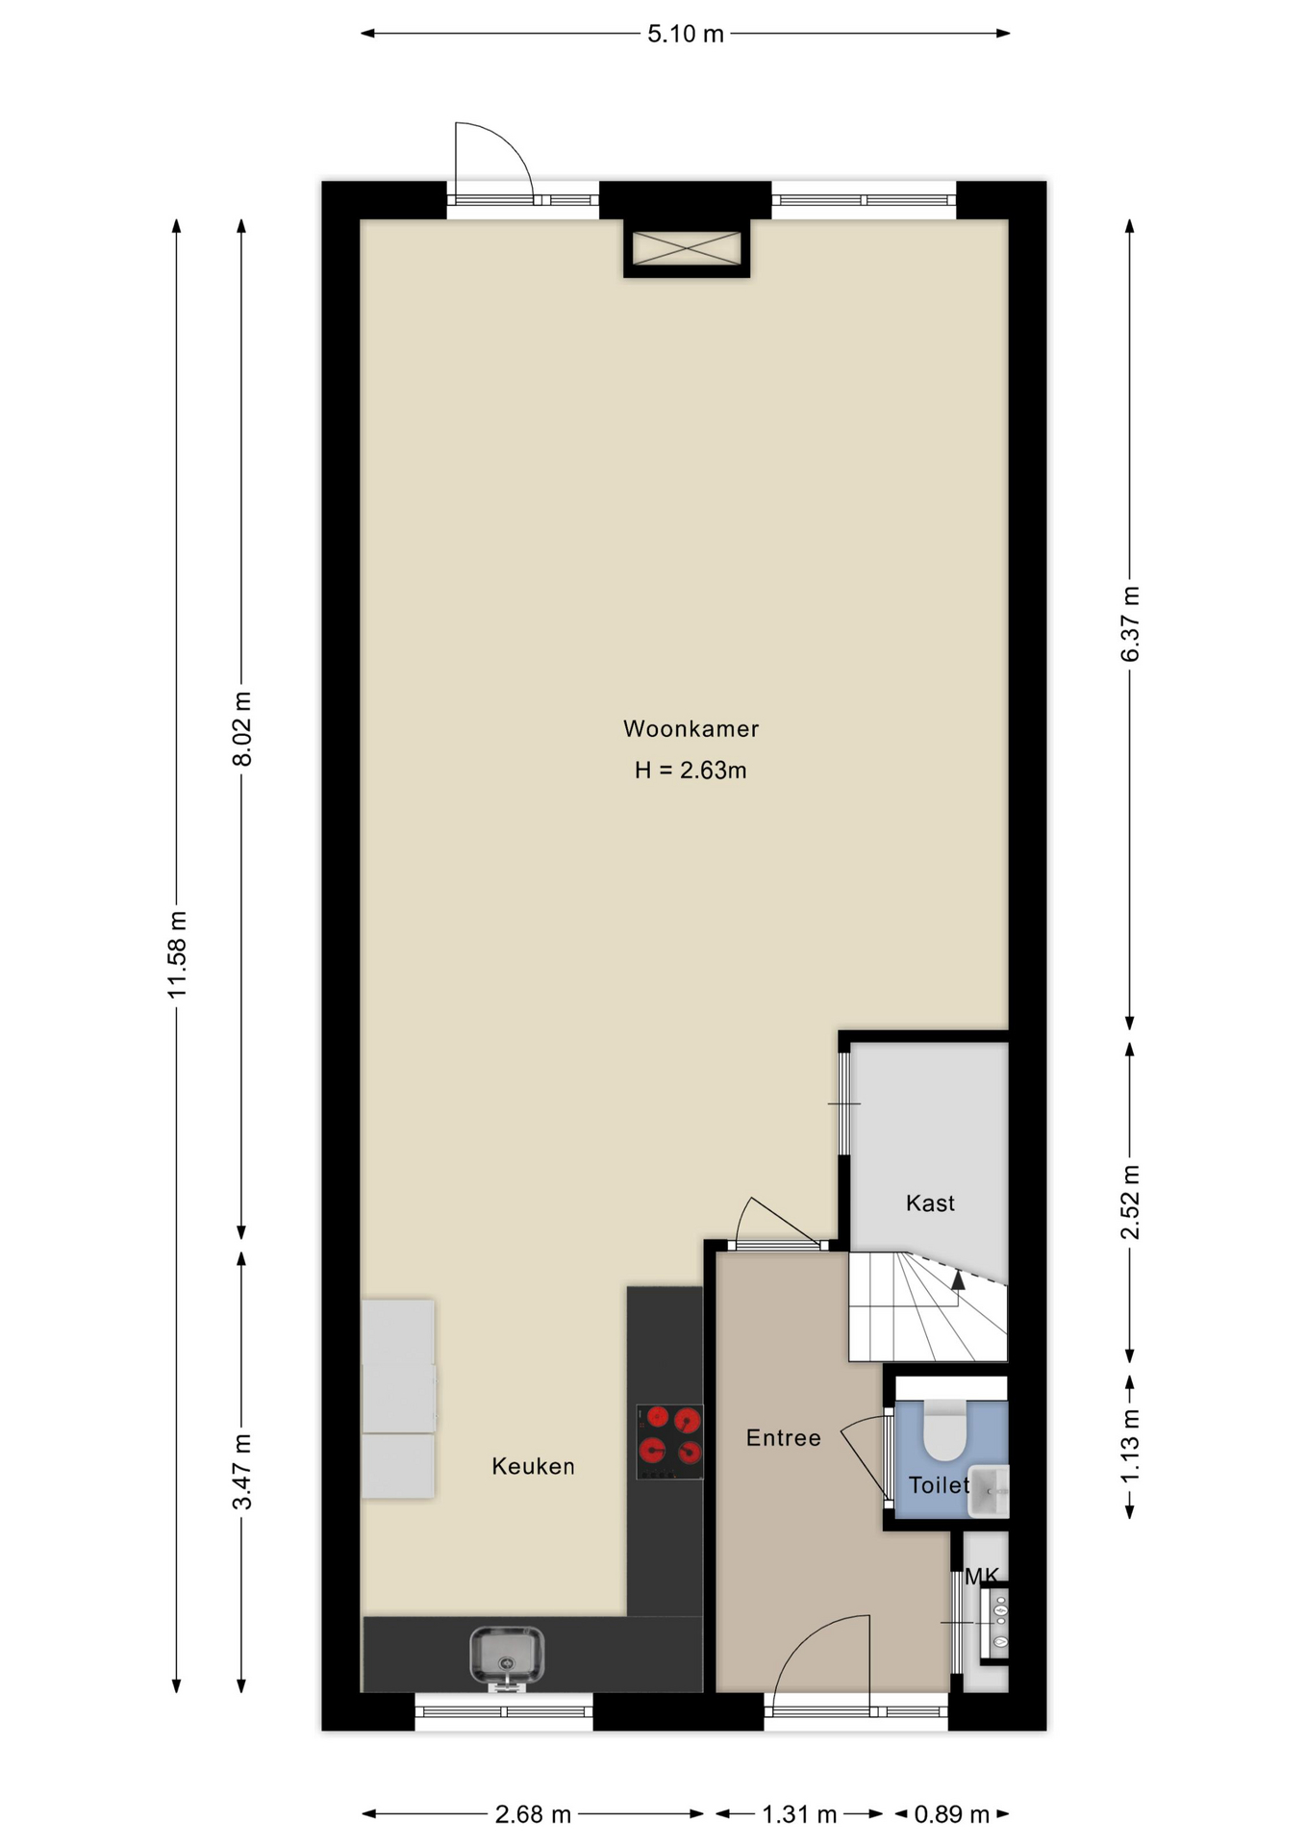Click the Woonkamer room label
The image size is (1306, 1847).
coord(691,729)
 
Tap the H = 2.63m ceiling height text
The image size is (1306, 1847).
coord(691,771)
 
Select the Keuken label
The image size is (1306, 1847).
coord(533,1466)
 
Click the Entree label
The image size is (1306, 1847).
coord(784,1438)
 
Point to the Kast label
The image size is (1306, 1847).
coord(930,1203)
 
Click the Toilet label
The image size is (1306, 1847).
coord(939,1485)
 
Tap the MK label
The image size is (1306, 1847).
coord(982,1576)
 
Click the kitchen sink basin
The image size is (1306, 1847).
coord(506,1657)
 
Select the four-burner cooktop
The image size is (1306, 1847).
coord(669,1441)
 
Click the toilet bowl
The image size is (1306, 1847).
coord(944,1430)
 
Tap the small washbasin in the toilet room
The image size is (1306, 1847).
coord(989,1491)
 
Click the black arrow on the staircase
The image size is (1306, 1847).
coord(958,1280)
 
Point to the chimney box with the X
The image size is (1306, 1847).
coord(687,248)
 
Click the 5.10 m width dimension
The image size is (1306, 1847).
coord(686,34)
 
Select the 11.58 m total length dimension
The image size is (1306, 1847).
coord(176,955)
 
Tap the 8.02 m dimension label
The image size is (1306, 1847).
coord(242,729)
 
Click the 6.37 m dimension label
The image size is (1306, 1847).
coord(1130,624)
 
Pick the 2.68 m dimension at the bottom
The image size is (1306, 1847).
coord(533,1814)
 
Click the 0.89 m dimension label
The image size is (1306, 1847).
coord(952,1814)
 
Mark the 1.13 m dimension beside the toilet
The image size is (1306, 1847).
coord(1130,1446)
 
